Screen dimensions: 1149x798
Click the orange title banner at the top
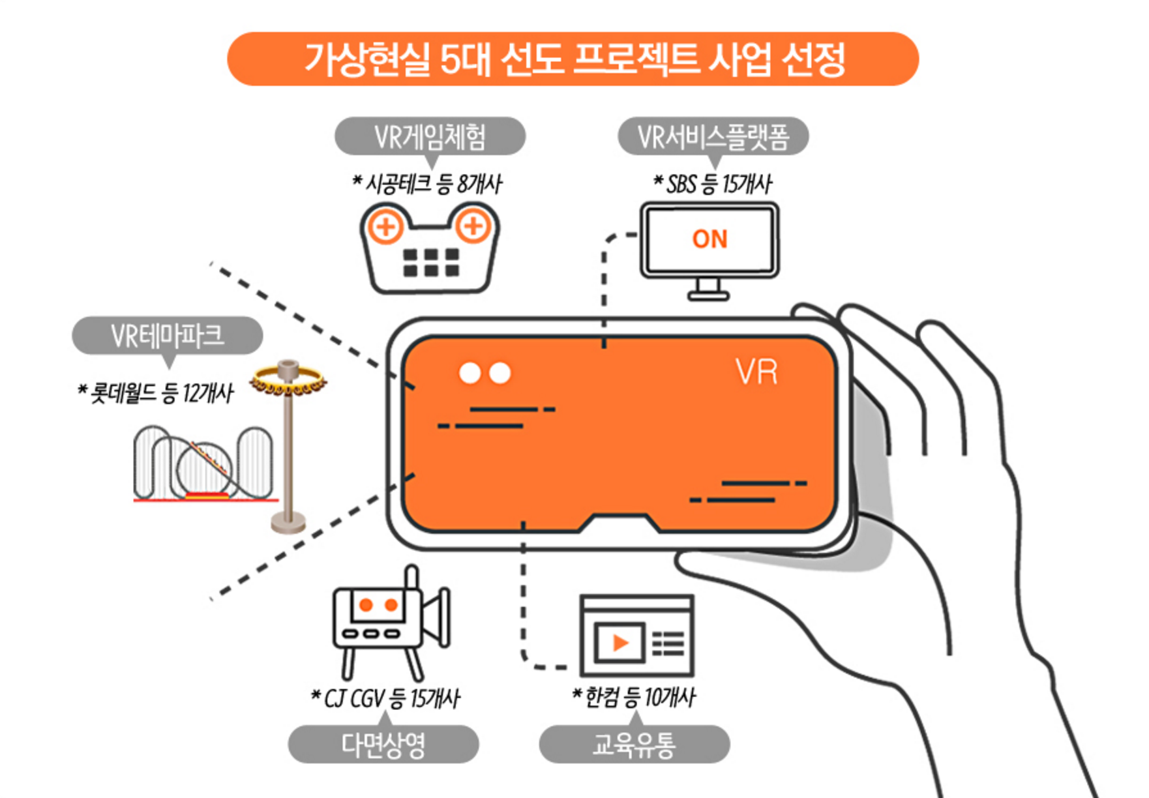pyautogui.click(x=573, y=59)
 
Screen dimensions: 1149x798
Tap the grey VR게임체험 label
pyautogui.click(x=430, y=136)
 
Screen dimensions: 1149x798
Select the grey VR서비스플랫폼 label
pyautogui.click(x=713, y=136)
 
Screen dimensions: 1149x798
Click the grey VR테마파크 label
pyautogui.click(x=167, y=336)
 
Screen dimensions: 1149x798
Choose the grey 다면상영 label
pyautogui.click(x=383, y=744)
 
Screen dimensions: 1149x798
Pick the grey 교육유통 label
pyautogui.click(x=634, y=744)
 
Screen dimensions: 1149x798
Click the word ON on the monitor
pyautogui.click(x=709, y=239)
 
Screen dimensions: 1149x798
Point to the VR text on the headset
pyautogui.click(x=756, y=372)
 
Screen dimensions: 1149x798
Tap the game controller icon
pyautogui.click(x=430, y=248)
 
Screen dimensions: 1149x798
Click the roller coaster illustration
pyautogui.click(x=203, y=463)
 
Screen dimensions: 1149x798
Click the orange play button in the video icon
pyautogui.click(x=620, y=643)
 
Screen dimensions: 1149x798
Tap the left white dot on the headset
pyautogui.click(x=470, y=373)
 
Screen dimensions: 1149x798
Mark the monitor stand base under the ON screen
pyautogui.click(x=708, y=296)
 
